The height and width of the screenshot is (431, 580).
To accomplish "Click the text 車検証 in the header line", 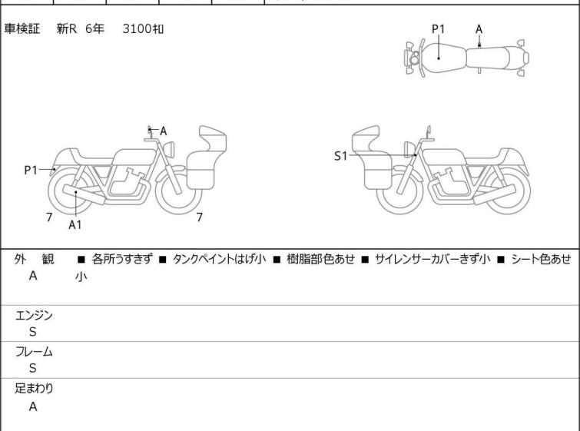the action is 22,28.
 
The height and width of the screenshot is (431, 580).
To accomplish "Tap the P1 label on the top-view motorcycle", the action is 439,29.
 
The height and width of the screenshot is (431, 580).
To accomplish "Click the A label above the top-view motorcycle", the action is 479,29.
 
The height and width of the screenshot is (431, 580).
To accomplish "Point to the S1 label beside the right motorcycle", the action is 340,156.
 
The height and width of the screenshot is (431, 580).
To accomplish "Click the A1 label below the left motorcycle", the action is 75,224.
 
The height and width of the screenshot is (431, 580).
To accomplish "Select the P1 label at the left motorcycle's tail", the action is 31,171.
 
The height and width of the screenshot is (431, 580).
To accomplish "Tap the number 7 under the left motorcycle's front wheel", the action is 200,217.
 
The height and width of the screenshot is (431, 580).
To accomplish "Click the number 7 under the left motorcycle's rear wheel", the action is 49,217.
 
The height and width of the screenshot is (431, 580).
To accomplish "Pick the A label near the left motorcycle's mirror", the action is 163,131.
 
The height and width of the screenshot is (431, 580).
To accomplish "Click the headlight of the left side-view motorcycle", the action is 169,150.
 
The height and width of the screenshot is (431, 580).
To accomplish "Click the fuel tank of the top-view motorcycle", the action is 443,58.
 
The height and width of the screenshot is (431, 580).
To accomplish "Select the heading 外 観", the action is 34,259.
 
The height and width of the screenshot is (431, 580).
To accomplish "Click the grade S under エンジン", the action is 33,332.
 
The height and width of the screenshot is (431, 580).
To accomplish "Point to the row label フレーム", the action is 34,351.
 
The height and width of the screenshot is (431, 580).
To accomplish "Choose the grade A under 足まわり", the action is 33,406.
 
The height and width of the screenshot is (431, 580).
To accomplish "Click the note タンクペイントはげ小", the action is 219,259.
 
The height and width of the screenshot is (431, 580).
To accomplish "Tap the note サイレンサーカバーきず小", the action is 433,259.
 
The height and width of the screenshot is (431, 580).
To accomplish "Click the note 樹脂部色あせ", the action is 320,259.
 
